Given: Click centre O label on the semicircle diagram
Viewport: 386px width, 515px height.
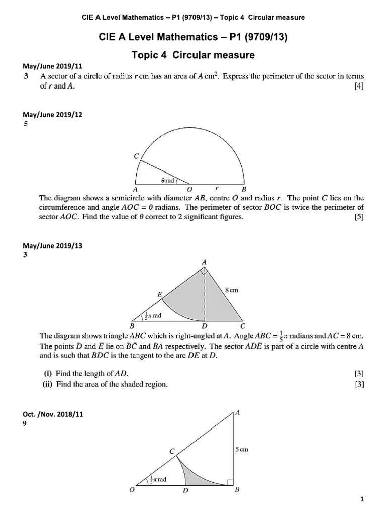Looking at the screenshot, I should (190, 190).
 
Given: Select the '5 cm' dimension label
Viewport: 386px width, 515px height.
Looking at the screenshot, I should (242, 450).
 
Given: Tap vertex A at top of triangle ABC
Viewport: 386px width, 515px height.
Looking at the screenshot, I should (204, 262).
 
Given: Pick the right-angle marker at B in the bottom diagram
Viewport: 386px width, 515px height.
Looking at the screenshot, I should (230, 482).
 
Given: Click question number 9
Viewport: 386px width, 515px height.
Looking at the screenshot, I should (25, 423).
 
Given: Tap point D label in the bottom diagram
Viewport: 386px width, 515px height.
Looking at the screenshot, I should (185, 492).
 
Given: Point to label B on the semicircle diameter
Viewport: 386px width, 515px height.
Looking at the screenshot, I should (244, 190).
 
